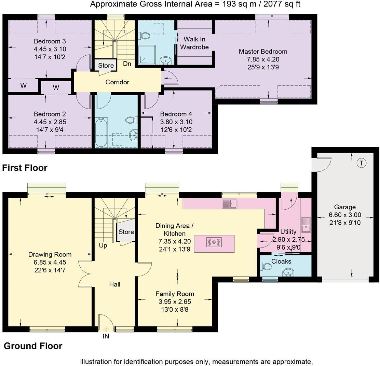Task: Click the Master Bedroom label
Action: coord(263,52)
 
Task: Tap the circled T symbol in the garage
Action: coord(362,163)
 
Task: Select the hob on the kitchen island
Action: coord(214,242)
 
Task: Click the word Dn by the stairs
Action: coord(127,64)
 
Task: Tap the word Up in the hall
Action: coord(103,245)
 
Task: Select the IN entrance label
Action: coord(106,336)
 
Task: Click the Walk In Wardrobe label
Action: coord(194,43)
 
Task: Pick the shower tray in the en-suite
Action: coord(148,55)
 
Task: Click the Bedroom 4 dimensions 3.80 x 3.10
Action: coord(176,122)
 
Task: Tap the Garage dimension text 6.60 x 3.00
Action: coord(345,215)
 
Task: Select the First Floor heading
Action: coord(25,168)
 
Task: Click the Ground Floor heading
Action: coord(33,346)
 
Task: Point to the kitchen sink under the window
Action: coord(230,203)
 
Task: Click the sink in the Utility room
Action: coord(306,225)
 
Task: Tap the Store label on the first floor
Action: coord(106,65)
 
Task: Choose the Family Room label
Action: coord(175,294)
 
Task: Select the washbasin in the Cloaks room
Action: coord(288,272)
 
